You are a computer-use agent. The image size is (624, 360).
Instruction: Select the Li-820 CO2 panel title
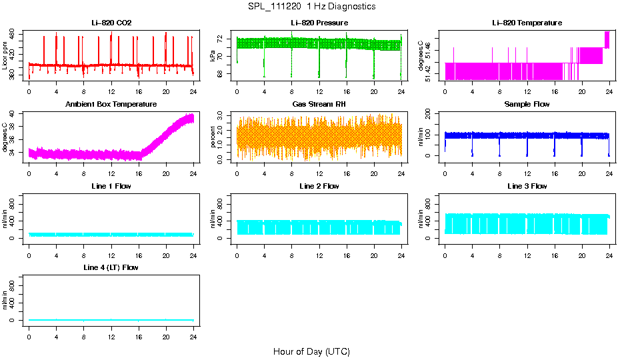point(111,23)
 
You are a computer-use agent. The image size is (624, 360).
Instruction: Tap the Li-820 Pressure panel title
point(319,23)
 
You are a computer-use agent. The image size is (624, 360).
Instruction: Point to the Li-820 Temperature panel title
point(527,23)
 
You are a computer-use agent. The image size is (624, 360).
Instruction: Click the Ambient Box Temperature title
point(111,105)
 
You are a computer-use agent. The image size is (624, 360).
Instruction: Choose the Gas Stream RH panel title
point(319,105)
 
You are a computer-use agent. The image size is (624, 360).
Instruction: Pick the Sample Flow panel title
point(527,105)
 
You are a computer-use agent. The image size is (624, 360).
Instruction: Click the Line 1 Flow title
point(111,186)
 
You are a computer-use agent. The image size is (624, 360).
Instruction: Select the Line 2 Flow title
point(319,186)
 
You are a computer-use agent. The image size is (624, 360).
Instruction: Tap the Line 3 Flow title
point(527,186)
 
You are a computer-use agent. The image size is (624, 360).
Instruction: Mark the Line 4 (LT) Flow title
point(111,267)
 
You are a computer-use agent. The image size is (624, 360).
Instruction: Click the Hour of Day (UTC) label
point(311,351)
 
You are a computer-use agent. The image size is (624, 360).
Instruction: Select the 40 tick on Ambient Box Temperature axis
point(14,114)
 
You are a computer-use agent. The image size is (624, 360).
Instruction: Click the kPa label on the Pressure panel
point(213,57)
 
